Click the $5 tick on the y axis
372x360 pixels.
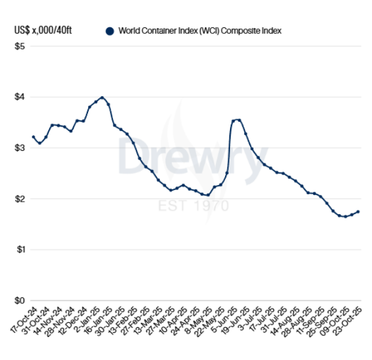pos(20,47)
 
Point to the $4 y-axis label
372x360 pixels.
pos(20,97)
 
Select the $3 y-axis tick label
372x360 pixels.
pos(20,148)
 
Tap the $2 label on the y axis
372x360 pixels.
pos(20,199)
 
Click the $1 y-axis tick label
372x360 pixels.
pos(20,250)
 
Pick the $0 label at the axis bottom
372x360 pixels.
pos(20,300)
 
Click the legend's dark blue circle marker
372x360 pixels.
pos(110,30)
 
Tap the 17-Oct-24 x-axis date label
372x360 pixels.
pos(24,319)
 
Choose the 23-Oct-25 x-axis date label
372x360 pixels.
pos(350,319)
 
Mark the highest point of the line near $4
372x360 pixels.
pos(102,97)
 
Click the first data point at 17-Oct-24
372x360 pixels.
pos(33,137)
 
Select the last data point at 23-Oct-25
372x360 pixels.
pos(358,212)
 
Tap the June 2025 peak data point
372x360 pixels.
pos(239,120)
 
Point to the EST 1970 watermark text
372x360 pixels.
pos(192,205)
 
